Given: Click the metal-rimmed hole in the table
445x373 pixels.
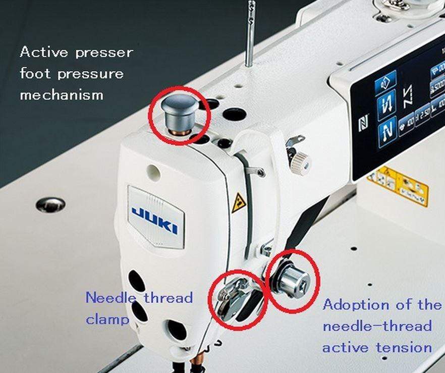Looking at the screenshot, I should pos(50,204).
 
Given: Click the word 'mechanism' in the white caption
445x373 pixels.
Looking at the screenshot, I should pos(62,95).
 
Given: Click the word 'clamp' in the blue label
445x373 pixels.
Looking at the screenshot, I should pos(107,319).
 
